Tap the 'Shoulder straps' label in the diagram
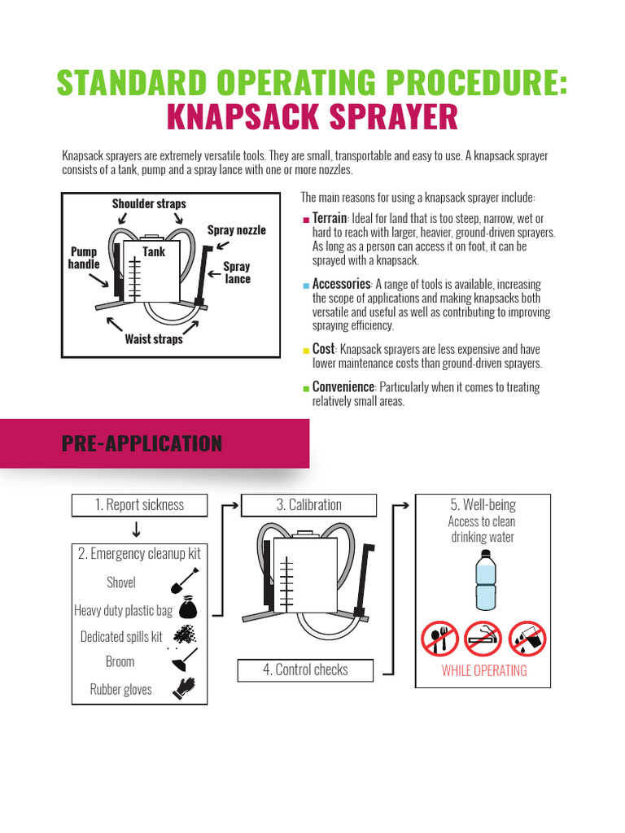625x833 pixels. [x=149, y=203]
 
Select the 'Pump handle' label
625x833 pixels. [x=84, y=258]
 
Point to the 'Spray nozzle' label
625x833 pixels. [x=236, y=230]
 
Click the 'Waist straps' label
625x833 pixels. [x=154, y=339]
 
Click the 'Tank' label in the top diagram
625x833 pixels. [x=154, y=252]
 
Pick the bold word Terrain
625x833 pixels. [x=330, y=219]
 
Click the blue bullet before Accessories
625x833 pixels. [x=305, y=286]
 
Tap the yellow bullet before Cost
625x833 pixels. [x=305, y=351]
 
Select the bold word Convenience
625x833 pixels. [x=343, y=387]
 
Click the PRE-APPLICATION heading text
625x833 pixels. [x=142, y=443]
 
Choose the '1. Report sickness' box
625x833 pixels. [x=139, y=505]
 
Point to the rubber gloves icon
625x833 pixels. [x=184, y=688]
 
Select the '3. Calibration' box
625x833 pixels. [x=309, y=505]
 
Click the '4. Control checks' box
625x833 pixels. [x=305, y=670]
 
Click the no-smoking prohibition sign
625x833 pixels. [x=483, y=639]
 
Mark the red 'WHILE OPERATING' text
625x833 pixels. [x=484, y=671]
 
